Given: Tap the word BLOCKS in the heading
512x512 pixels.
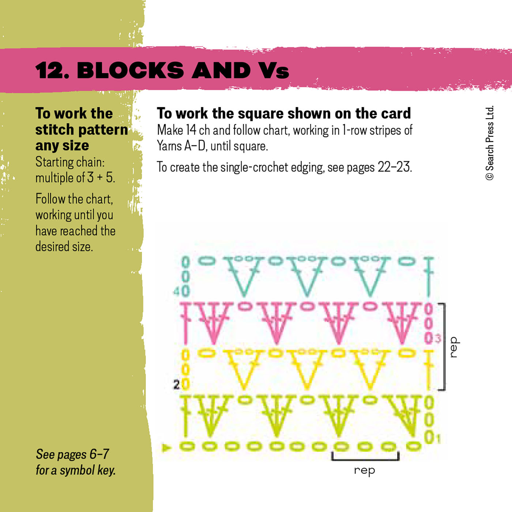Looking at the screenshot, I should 130,70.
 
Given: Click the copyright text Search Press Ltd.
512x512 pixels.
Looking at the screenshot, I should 490,143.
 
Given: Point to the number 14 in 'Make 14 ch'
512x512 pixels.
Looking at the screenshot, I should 191,130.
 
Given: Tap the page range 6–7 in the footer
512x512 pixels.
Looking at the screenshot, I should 99,454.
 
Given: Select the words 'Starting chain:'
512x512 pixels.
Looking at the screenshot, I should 70,162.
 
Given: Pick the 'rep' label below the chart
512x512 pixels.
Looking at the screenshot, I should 364,471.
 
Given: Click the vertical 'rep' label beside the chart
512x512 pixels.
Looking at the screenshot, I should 453,347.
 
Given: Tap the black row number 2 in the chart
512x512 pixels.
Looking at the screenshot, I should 176,384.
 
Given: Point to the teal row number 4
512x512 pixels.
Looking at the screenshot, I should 176,291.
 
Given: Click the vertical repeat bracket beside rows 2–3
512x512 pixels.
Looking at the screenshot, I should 444,347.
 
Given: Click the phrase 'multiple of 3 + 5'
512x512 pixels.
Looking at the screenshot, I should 75,178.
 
